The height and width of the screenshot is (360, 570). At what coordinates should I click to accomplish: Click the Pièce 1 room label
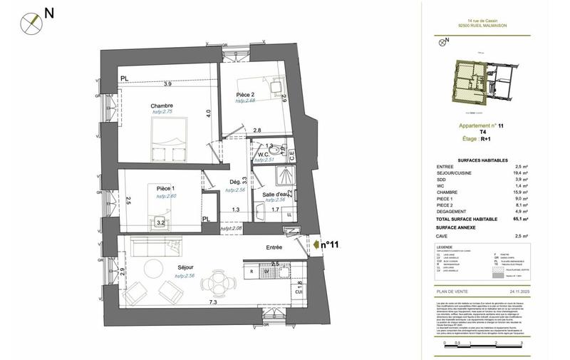pyautogui.click(x=167, y=187)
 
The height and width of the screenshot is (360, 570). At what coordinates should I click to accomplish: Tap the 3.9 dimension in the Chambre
pyautogui.click(x=167, y=84)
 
